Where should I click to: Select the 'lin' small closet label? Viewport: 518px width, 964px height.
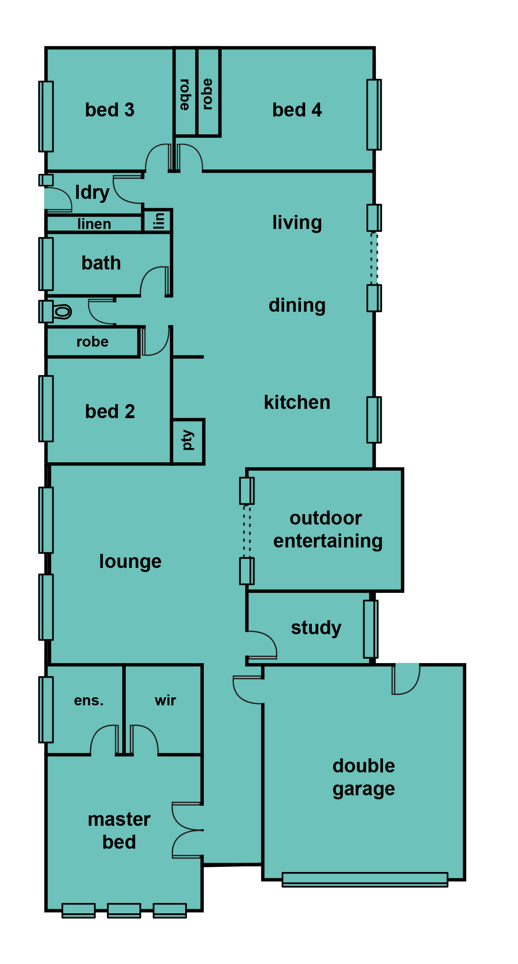[159, 221]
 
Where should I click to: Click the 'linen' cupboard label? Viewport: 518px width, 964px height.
[94, 224]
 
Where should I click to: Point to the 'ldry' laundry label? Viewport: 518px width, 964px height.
[92, 193]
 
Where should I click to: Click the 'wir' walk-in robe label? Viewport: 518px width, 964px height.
[165, 700]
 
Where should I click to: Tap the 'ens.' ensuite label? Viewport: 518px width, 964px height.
[89, 701]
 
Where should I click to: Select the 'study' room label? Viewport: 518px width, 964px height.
[316, 628]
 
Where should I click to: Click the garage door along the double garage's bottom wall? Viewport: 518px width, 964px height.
[365, 879]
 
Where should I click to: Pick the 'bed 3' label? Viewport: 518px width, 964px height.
[110, 110]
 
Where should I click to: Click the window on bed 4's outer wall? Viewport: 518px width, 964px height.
[374, 114]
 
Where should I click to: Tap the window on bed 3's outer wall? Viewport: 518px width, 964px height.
[46, 116]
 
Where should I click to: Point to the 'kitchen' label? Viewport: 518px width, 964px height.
[297, 402]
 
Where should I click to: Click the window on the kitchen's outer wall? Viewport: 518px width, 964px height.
[374, 420]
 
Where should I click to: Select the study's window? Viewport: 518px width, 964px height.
[371, 629]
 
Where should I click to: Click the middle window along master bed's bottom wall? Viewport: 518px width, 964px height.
[124, 911]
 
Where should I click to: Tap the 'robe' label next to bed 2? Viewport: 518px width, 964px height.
[92, 341]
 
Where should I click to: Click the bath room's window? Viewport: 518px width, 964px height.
[46, 264]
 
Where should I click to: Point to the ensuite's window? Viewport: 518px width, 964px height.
[46, 710]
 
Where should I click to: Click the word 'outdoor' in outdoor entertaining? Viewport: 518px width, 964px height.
[326, 518]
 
